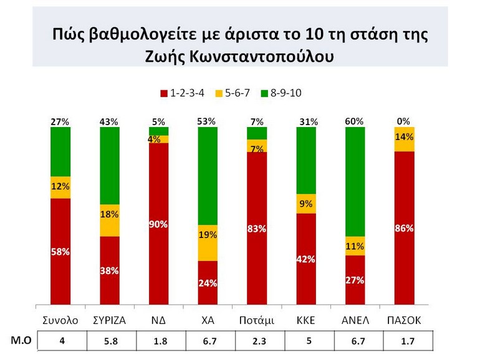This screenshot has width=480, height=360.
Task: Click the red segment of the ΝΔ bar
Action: (x=158, y=224)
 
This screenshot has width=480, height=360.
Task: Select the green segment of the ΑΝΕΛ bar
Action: (x=355, y=182)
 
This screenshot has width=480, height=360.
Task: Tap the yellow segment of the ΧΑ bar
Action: (x=208, y=243)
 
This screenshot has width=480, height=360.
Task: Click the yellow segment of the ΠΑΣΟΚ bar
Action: (x=405, y=139)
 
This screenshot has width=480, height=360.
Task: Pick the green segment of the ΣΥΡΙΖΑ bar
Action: (x=109, y=166)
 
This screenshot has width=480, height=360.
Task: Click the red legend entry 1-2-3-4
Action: (x=183, y=93)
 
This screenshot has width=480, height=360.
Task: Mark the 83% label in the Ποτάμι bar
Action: (x=257, y=229)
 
